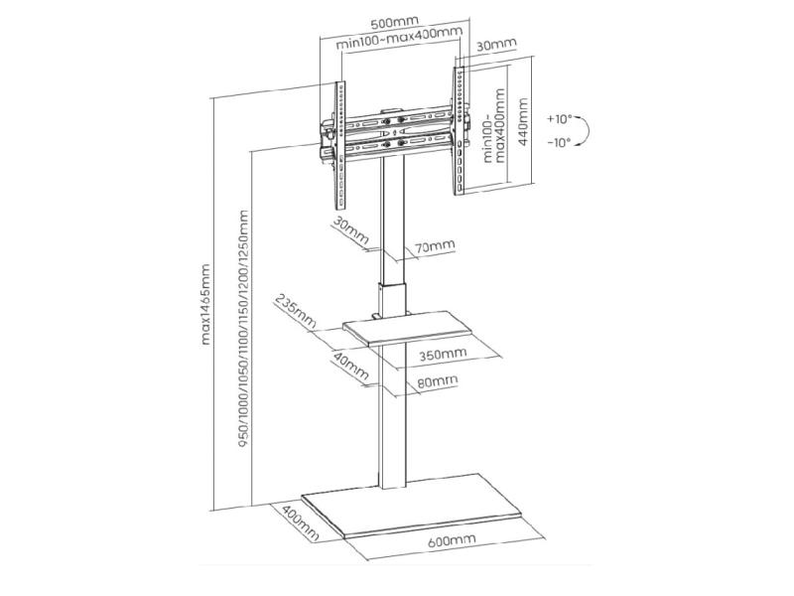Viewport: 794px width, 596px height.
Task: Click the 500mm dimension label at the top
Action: coord(394,23)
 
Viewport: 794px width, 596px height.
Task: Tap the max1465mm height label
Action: coord(205,304)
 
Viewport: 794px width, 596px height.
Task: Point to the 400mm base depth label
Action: coord(301,522)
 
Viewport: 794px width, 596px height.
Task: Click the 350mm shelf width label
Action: coord(443,354)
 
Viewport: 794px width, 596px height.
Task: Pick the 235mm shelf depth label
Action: coord(295,312)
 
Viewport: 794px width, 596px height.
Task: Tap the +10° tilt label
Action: coord(559,119)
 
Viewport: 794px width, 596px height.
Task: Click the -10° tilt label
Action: coord(559,142)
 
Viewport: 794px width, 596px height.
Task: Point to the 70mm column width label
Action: coord(435,246)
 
